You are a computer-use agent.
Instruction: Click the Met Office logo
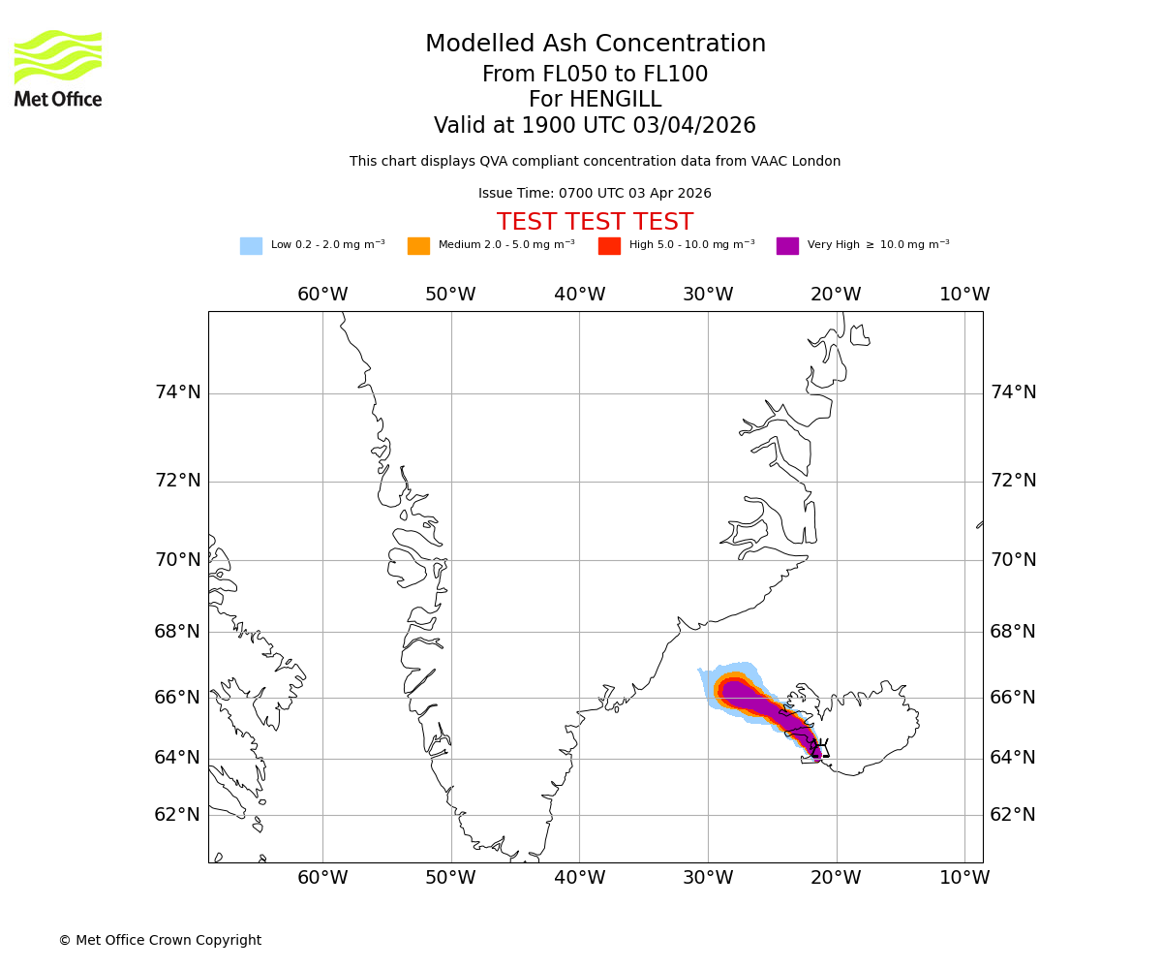click(58, 68)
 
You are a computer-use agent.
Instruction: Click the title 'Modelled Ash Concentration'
click(595, 45)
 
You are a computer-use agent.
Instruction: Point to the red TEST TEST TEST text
click(595, 223)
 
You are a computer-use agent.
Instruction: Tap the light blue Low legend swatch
click(251, 246)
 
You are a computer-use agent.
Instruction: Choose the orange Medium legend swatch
click(418, 246)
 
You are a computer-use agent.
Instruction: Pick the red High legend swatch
click(609, 246)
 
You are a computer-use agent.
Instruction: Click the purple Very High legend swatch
click(787, 246)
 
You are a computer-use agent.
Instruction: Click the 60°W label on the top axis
click(322, 295)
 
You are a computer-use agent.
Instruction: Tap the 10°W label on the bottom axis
click(964, 878)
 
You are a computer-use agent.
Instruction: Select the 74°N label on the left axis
click(178, 392)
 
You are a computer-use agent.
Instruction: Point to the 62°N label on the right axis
click(1013, 815)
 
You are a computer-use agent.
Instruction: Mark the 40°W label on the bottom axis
click(579, 878)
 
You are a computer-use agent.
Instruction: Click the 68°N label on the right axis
click(1013, 632)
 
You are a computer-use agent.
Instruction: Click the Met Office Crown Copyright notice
click(160, 941)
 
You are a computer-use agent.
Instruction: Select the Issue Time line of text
click(595, 194)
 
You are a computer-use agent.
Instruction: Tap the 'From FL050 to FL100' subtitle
click(595, 75)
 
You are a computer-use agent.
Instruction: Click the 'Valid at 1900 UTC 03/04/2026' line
click(595, 126)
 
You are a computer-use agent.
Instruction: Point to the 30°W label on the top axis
click(708, 295)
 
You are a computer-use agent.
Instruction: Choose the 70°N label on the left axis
click(178, 560)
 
